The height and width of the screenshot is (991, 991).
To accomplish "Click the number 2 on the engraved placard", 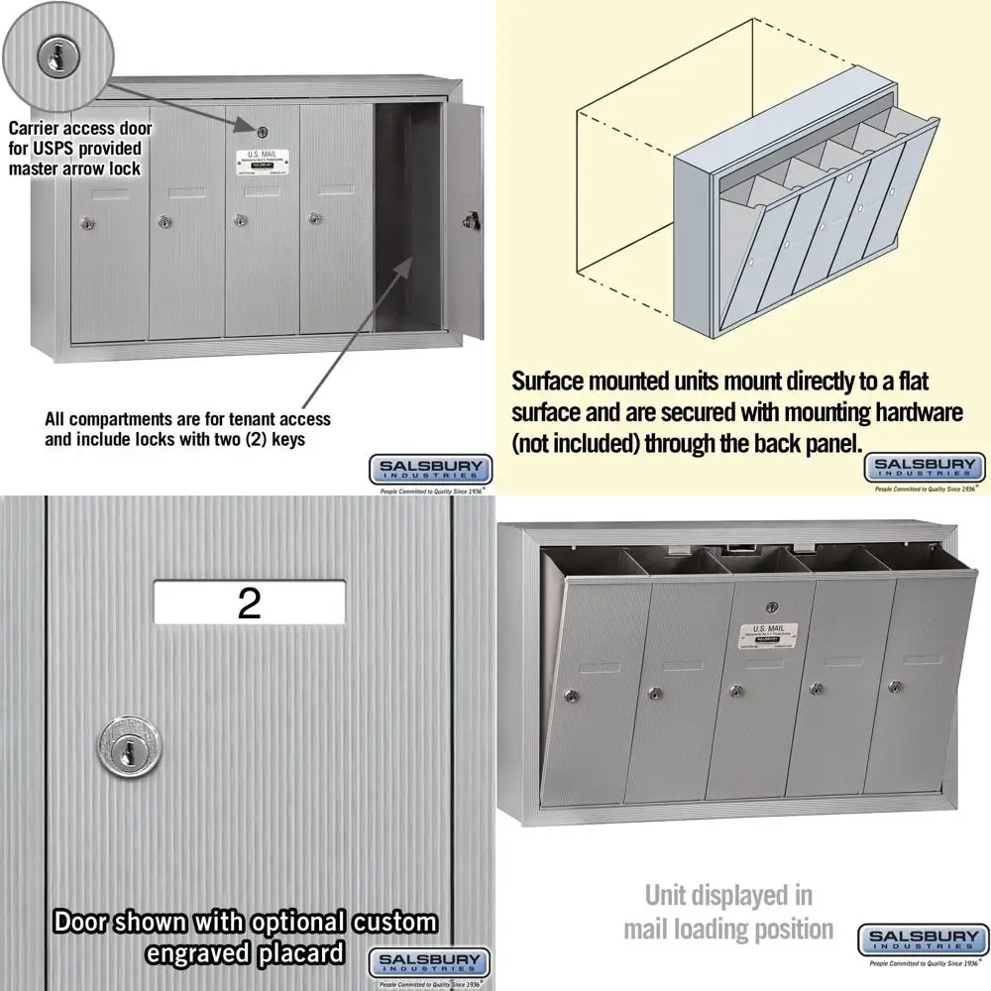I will click(249, 603).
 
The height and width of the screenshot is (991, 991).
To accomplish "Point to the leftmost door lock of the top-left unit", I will click(85, 225).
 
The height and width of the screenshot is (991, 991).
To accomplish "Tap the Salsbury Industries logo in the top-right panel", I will click(926, 468).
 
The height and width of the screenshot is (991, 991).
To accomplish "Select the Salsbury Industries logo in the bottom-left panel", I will click(429, 962).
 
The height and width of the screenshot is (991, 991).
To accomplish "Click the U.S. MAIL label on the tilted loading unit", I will click(770, 633).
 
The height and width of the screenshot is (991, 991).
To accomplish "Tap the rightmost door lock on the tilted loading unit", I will click(893, 686).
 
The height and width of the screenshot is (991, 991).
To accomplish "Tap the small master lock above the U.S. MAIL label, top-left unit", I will click(263, 133).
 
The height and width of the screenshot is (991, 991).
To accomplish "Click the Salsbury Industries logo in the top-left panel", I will click(429, 468).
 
